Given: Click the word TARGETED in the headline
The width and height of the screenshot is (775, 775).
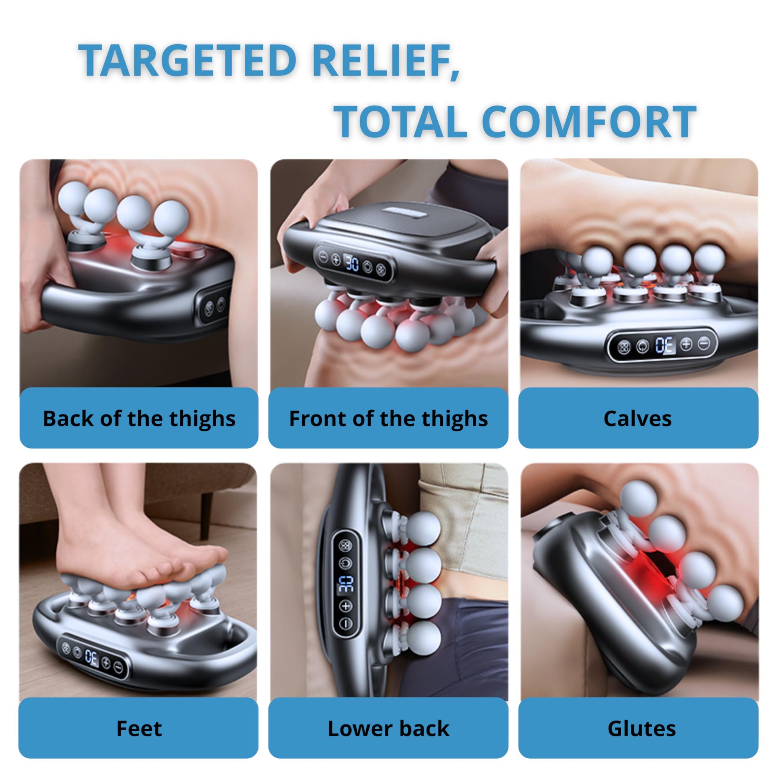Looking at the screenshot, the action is click(x=187, y=60).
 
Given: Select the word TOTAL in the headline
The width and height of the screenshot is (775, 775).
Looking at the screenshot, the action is click(x=400, y=121).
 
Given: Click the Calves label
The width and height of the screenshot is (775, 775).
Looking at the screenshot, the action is click(x=638, y=419).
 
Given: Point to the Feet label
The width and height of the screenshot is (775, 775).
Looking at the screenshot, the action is click(x=139, y=728).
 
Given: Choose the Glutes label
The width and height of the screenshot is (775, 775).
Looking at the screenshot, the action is click(x=642, y=728).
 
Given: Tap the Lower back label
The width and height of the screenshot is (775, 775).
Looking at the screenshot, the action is click(x=388, y=728).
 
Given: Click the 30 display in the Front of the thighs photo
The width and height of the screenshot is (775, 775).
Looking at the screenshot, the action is click(x=352, y=264).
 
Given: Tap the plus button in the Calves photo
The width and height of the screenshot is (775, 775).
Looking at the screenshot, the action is click(x=686, y=344).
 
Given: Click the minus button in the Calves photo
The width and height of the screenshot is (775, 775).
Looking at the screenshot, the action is click(x=704, y=343).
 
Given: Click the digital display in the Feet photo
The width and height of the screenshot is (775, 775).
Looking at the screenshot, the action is click(x=92, y=657).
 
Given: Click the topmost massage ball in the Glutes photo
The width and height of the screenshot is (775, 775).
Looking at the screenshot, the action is click(x=638, y=499).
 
